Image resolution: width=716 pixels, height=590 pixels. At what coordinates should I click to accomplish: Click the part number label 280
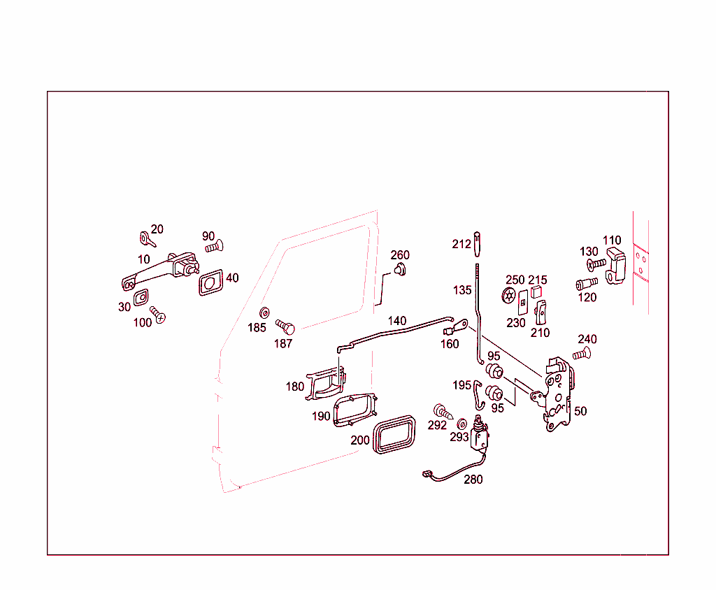click(473, 480)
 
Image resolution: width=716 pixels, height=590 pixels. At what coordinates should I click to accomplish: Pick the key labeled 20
click(147, 239)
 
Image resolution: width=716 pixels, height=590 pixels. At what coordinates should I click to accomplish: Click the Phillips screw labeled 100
click(157, 315)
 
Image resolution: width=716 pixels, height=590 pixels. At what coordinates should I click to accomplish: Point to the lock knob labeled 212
click(478, 243)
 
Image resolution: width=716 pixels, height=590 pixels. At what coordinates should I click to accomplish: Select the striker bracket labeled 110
click(614, 266)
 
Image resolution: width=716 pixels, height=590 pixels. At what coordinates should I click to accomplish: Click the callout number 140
click(397, 321)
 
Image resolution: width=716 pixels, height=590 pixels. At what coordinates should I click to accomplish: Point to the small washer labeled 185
click(265, 312)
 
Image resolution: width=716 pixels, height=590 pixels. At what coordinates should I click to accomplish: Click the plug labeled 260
click(400, 270)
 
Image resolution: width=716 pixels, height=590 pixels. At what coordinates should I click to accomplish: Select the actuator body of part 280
click(480, 437)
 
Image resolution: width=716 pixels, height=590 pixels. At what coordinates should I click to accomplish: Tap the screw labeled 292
click(441, 410)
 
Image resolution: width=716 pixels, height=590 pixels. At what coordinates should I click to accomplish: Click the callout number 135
click(462, 289)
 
